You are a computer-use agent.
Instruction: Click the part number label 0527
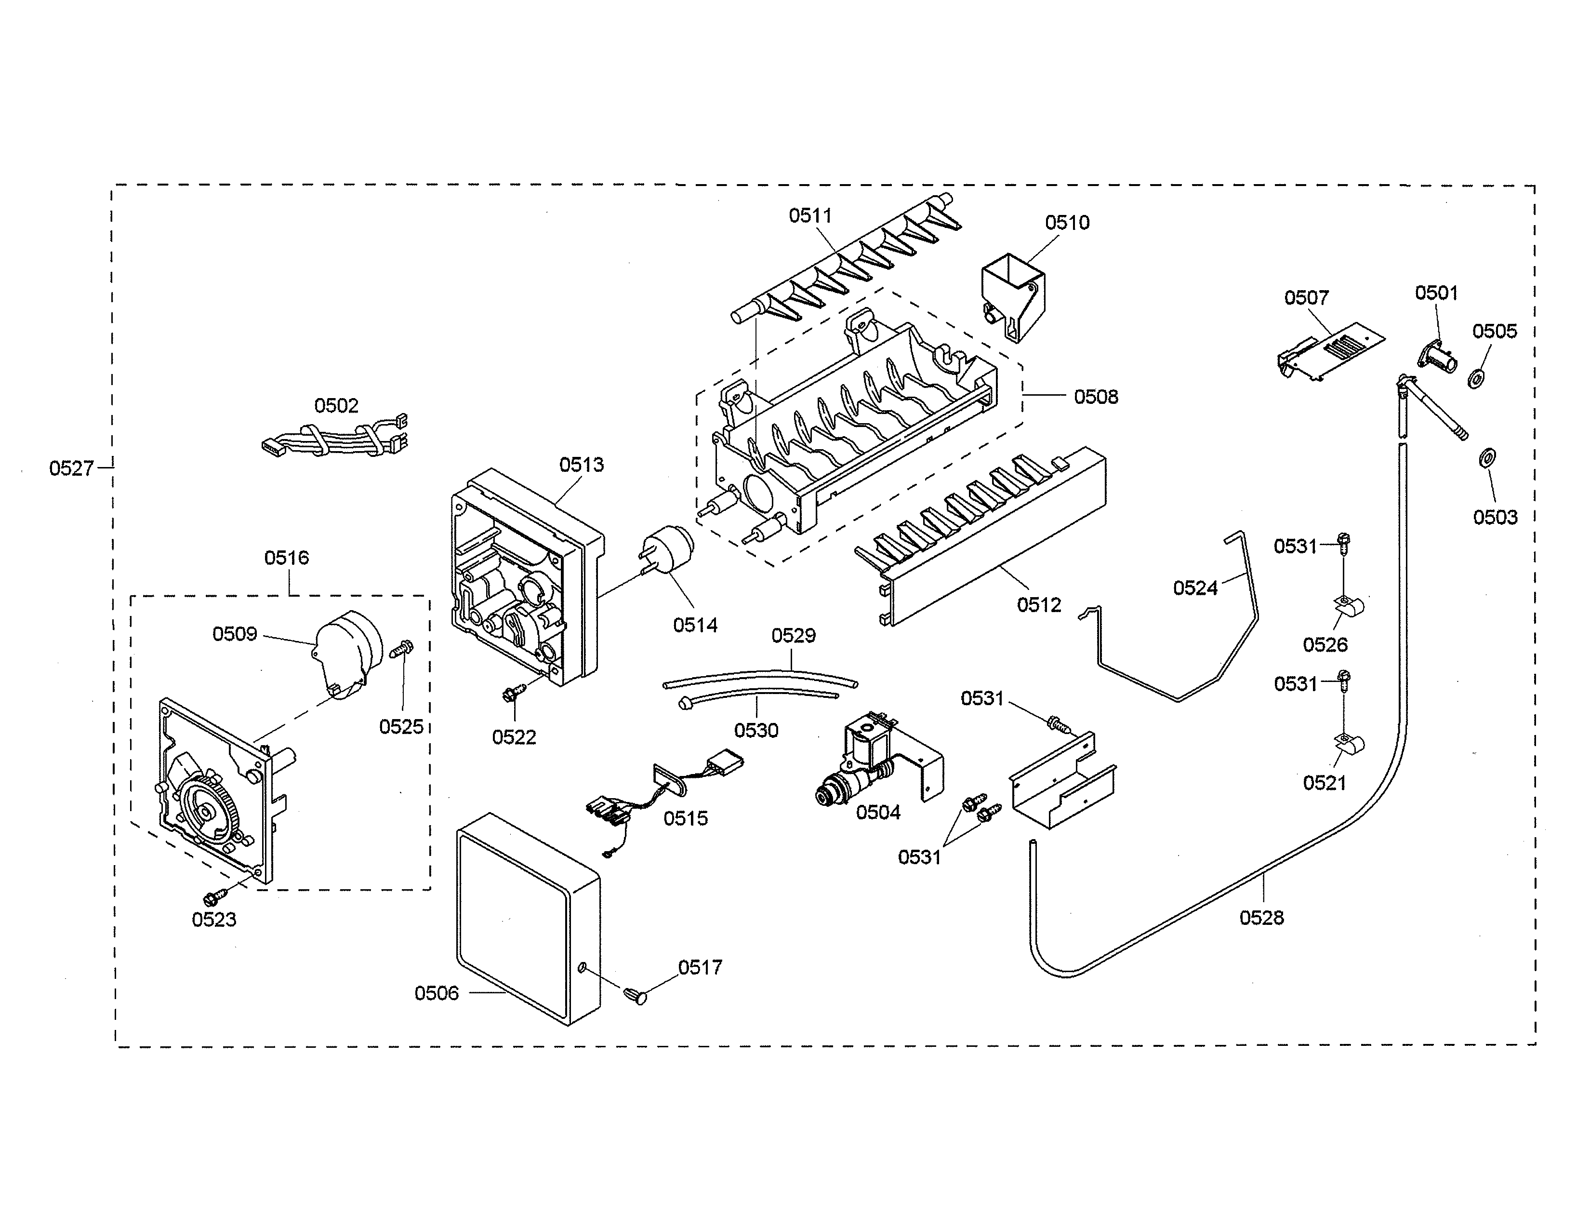71,468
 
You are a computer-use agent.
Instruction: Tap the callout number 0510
1067,223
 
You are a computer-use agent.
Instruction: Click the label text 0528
1262,917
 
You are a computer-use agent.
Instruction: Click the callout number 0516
286,558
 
